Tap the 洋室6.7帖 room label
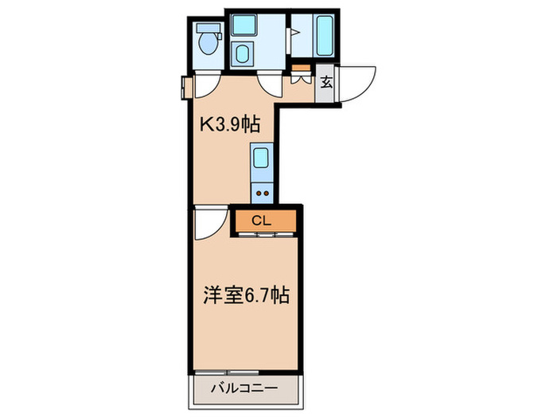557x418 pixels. click(243, 296)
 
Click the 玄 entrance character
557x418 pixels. click(326, 81)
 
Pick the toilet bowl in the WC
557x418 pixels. click(209, 44)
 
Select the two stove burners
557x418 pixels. click(262, 191)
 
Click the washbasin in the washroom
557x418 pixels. click(243, 54)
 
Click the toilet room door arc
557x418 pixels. click(205, 85)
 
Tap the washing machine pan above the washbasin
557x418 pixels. click(243, 24)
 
